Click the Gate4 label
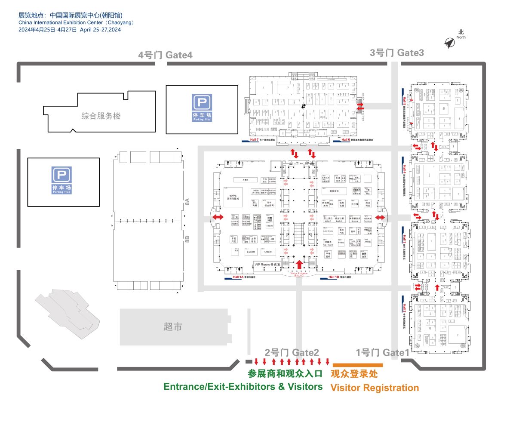point(165,55)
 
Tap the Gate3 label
point(397,52)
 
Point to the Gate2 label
point(292,353)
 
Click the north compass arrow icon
point(450,42)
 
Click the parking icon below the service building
point(62,176)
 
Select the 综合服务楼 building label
point(101,116)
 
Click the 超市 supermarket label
point(173,327)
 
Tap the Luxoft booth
point(250,252)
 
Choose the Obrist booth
point(269,252)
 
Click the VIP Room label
point(267,265)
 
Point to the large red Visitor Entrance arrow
point(300,264)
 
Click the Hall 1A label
point(238,277)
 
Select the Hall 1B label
point(334,277)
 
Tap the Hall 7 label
point(255,140)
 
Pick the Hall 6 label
point(345,140)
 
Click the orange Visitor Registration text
point(374,388)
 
